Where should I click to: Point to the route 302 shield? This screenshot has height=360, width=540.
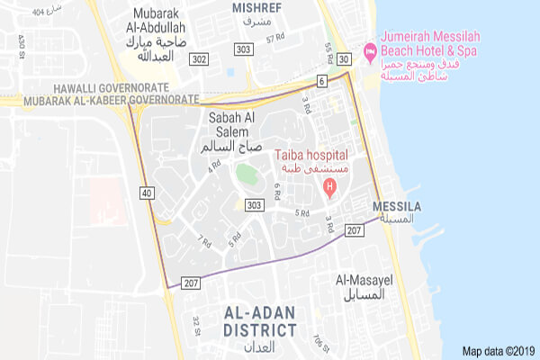[x=199, y=59]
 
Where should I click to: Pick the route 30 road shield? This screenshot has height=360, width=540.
[x=344, y=59]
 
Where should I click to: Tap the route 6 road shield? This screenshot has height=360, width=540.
[x=321, y=81]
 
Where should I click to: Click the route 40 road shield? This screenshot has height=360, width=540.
[x=147, y=192]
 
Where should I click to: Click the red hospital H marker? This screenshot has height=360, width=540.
[x=329, y=189]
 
